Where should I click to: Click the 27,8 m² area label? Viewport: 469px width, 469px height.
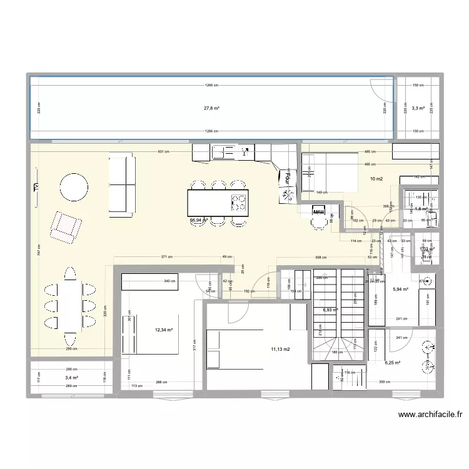[x=211, y=108]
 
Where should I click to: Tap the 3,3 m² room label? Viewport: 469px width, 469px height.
[x=418, y=108]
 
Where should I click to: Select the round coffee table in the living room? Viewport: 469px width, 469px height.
[x=74, y=186]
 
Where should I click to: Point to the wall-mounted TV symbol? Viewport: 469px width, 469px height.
[x=35, y=186]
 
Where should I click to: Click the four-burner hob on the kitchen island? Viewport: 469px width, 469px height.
[x=239, y=201]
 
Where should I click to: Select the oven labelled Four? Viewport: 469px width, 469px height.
[x=289, y=178]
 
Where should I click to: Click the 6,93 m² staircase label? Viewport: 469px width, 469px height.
[x=330, y=310]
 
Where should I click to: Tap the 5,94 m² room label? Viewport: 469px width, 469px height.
[x=400, y=289]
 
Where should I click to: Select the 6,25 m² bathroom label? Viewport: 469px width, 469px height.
[x=393, y=363]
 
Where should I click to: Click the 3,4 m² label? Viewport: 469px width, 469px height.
[x=71, y=378]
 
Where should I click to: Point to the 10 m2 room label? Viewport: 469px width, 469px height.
[x=376, y=179]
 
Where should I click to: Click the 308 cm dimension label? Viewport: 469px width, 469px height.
[x=320, y=258]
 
